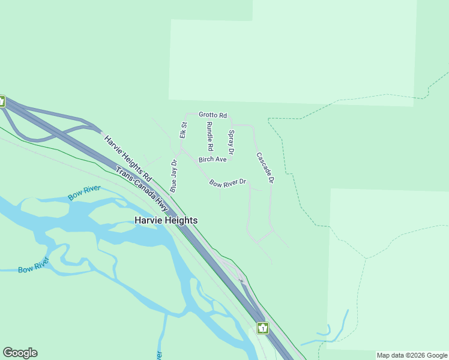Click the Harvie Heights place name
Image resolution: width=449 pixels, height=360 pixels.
click(166, 221)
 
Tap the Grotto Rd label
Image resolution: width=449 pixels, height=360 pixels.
click(212, 115)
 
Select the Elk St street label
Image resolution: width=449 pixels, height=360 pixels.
click(184, 130)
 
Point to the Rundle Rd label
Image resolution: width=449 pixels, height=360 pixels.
click(209, 136)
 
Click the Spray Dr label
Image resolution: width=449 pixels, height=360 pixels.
click(231, 142)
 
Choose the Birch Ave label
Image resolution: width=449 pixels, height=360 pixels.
click(212, 160)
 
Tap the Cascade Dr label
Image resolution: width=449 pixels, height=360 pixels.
click(265, 167)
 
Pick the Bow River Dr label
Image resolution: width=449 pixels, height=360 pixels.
click(228, 182)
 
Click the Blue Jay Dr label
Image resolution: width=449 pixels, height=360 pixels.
click(173, 176)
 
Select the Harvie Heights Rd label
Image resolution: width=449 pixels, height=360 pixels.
click(128, 158)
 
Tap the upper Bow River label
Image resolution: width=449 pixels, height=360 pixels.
click(84, 193)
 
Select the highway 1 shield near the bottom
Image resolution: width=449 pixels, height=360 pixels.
click(262, 328)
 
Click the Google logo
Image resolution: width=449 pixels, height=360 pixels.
click(20, 353)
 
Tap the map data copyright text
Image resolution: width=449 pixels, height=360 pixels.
click(412, 355)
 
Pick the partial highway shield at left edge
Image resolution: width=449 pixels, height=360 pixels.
click(2, 101)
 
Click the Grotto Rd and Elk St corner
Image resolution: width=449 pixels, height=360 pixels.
click(185, 114)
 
